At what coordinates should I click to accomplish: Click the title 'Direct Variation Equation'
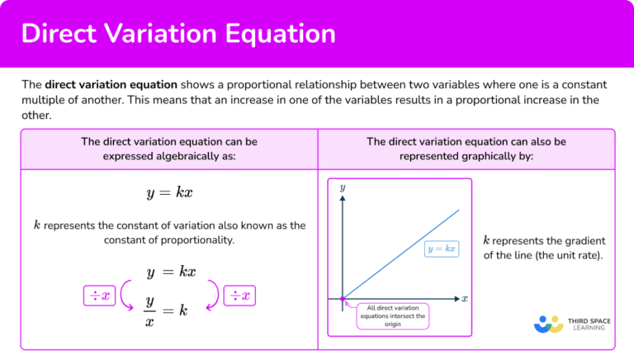pos(178,34)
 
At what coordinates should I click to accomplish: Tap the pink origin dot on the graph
pos(343,298)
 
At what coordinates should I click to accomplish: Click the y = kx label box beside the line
pos(442,248)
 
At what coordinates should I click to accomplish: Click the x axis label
pos(465,298)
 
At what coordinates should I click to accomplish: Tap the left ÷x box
pos(100,295)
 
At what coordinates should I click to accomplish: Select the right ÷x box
pos(240,295)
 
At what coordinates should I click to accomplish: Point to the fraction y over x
pos(151,310)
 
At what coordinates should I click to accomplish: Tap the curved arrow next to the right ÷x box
pos(213,295)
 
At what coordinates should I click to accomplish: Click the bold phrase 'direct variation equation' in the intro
pos(111,84)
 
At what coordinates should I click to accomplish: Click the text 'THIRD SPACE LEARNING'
pos(588,323)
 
